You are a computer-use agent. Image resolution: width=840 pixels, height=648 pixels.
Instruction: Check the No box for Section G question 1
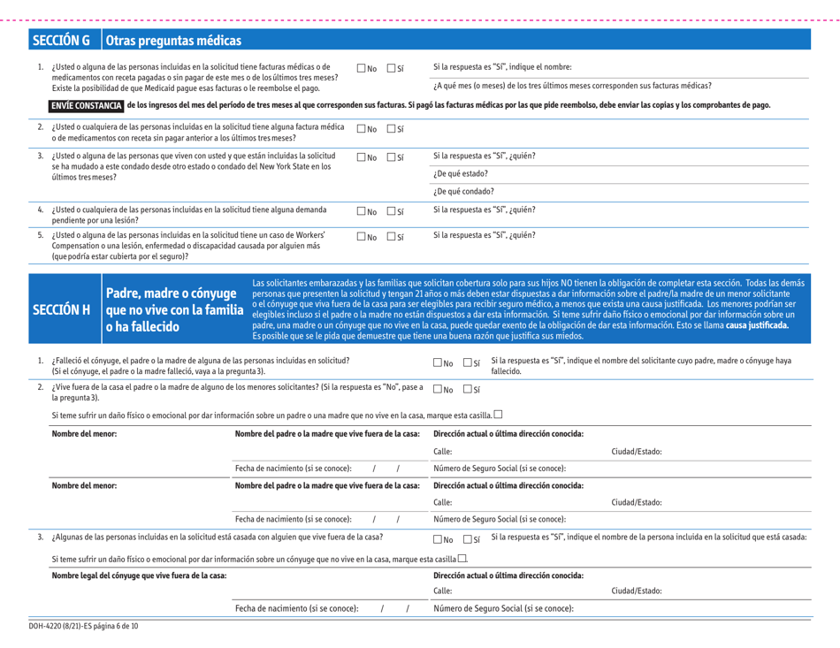[360, 69]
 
